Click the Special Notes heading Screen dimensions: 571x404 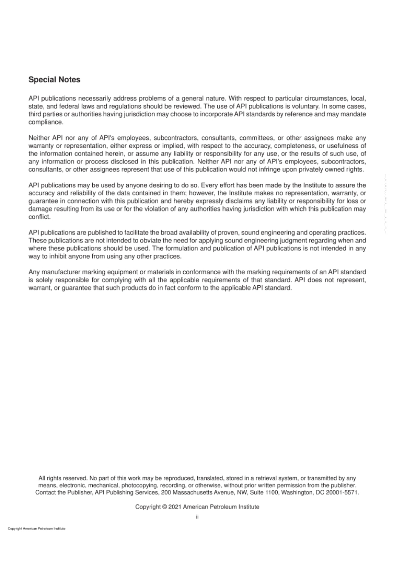coord(54,80)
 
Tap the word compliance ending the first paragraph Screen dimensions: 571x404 coord(46,122)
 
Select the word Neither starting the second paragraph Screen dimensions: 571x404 coord(39,138)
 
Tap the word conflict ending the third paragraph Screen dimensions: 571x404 coord(39,217)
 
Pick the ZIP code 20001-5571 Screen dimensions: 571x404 coord(342,492)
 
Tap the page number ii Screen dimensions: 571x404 coord(197,517)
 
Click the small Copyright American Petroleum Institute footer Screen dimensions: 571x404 coord(37,529)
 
